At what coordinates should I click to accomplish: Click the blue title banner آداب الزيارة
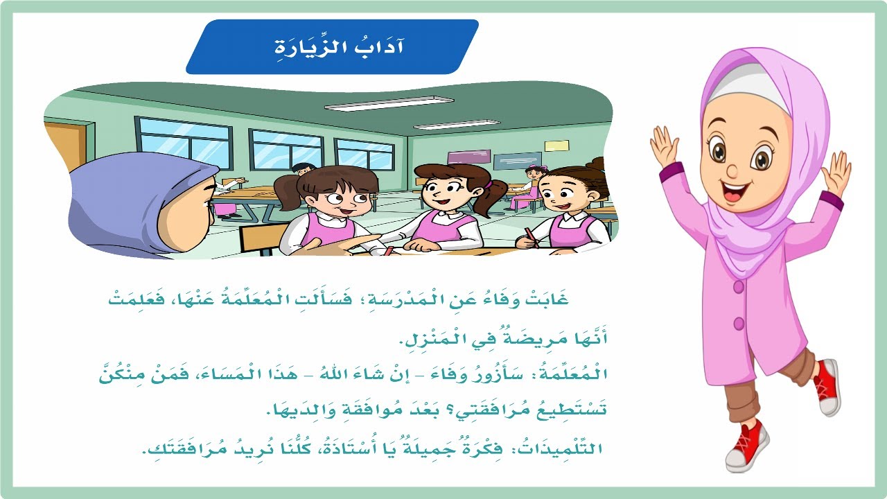pyautogui.click(x=333, y=47)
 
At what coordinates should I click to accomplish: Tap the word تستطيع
pyautogui.click(x=565, y=411)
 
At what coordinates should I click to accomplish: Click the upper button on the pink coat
pyautogui.click(x=739, y=286)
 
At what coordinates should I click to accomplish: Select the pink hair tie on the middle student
pyautogui.click(x=489, y=185)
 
